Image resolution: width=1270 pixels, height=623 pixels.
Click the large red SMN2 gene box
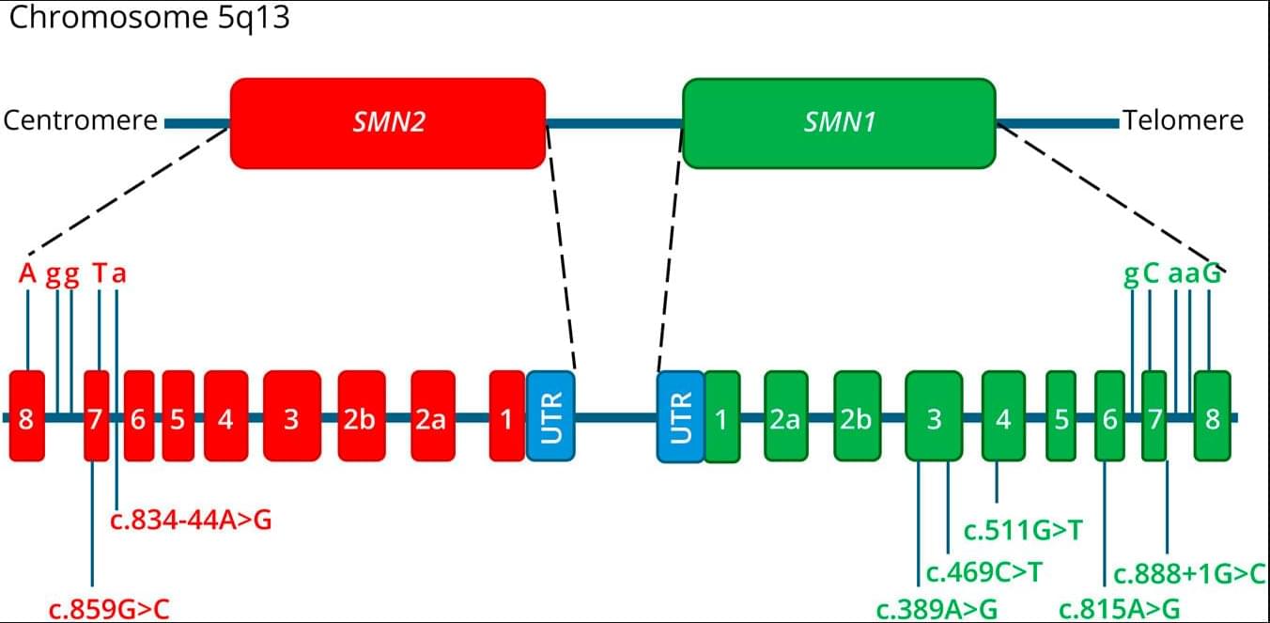tap(387, 123)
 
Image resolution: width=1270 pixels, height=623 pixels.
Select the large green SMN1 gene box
tap(839, 123)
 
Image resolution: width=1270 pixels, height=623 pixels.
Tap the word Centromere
tap(80, 121)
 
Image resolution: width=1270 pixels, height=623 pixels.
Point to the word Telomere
tap(1183, 121)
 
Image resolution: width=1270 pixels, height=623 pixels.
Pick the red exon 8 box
tap(26, 415)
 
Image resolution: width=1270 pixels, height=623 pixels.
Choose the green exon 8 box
tap(1212, 415)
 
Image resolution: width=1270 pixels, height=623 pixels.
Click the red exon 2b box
tap(362, 415)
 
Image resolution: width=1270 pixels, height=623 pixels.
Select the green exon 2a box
tap(785, 415)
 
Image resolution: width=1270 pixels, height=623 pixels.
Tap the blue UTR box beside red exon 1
tap(550, 415)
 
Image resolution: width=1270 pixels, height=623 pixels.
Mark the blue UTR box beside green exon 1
tap(680, 415)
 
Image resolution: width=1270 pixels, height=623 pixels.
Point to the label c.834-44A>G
tap(191, 519)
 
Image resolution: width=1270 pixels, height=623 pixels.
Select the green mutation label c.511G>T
tap(1024, 531)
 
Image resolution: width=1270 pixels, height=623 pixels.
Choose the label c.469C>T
tap(984, 571)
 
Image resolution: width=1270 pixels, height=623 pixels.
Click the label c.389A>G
tap(937, 609)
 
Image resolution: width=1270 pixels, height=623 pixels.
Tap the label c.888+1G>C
tap(1190, 573)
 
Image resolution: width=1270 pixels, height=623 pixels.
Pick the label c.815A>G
tap(1119, 609)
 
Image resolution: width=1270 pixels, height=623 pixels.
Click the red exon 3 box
tap(291, 415)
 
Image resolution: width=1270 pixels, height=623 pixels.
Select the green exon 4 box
tap(1003, 415)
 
